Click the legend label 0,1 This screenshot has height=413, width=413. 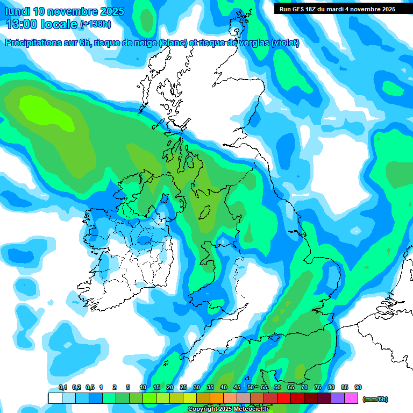pyautogui.click(x=63, y=388)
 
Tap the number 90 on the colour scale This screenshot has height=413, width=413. pyautogui.click(x=358, y=388)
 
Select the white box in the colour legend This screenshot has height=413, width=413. pyautogui.click(x=55, y=398)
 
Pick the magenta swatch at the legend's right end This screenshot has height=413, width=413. pyautogui.click(x=352, y=398)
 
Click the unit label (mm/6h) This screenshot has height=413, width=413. pyautogui.click(x=375, y=399)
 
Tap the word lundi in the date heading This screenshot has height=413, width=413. pyautogui.click(x=17, y=11)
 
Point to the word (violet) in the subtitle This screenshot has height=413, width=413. pyautogui.click(x=285, y=43)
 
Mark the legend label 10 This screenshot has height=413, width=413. pyautogui.click(x=143, y=388)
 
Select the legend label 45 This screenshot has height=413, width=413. pyautogui.click(x=237, y=388)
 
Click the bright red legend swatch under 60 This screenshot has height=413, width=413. pyautogui.click(x=284, y=398)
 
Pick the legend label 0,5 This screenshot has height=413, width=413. pyautogui.click(x=90, y=388)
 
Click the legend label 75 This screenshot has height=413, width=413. pyautogui.click(x=318, y=388)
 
